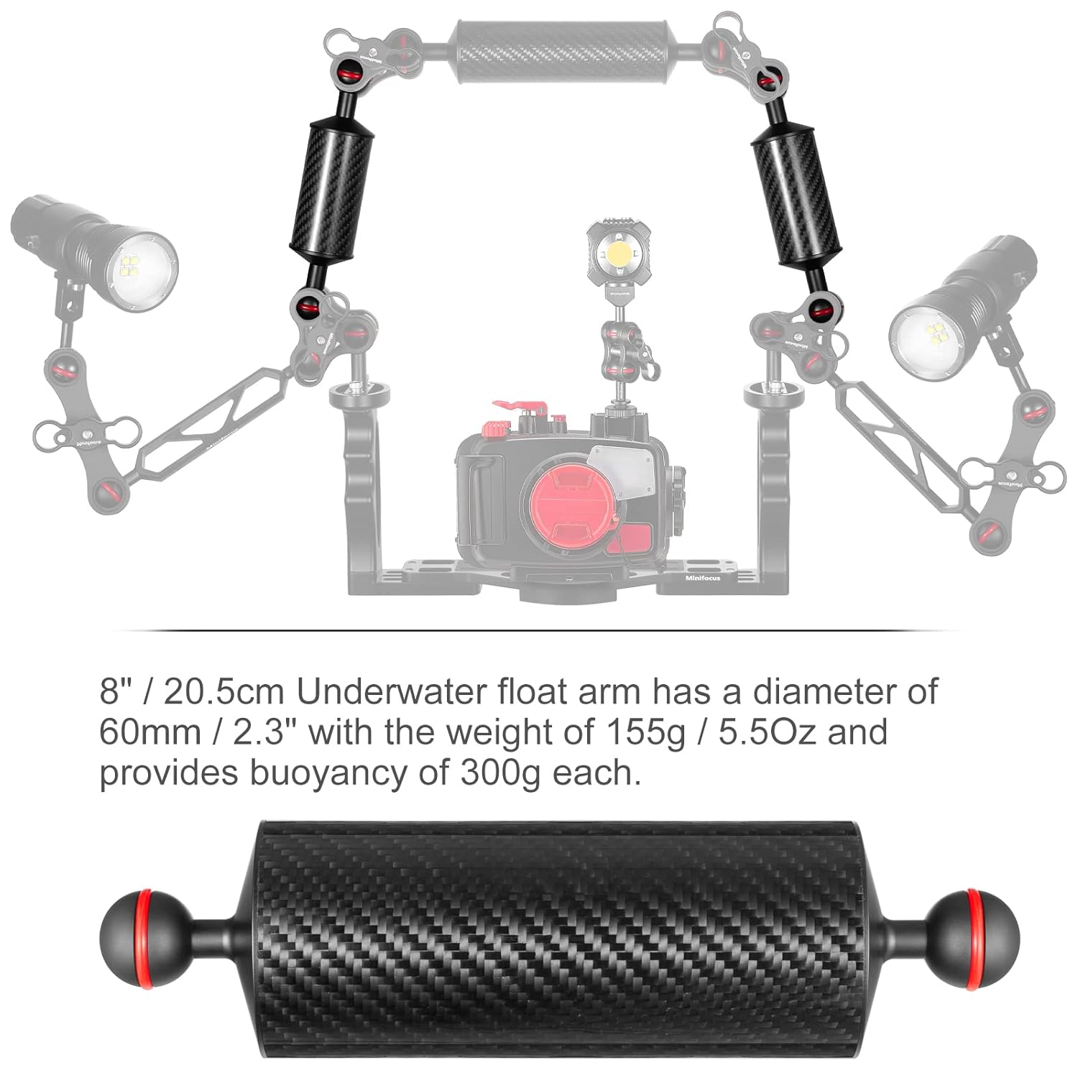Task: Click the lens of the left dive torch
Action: click(x=143, y=270)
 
